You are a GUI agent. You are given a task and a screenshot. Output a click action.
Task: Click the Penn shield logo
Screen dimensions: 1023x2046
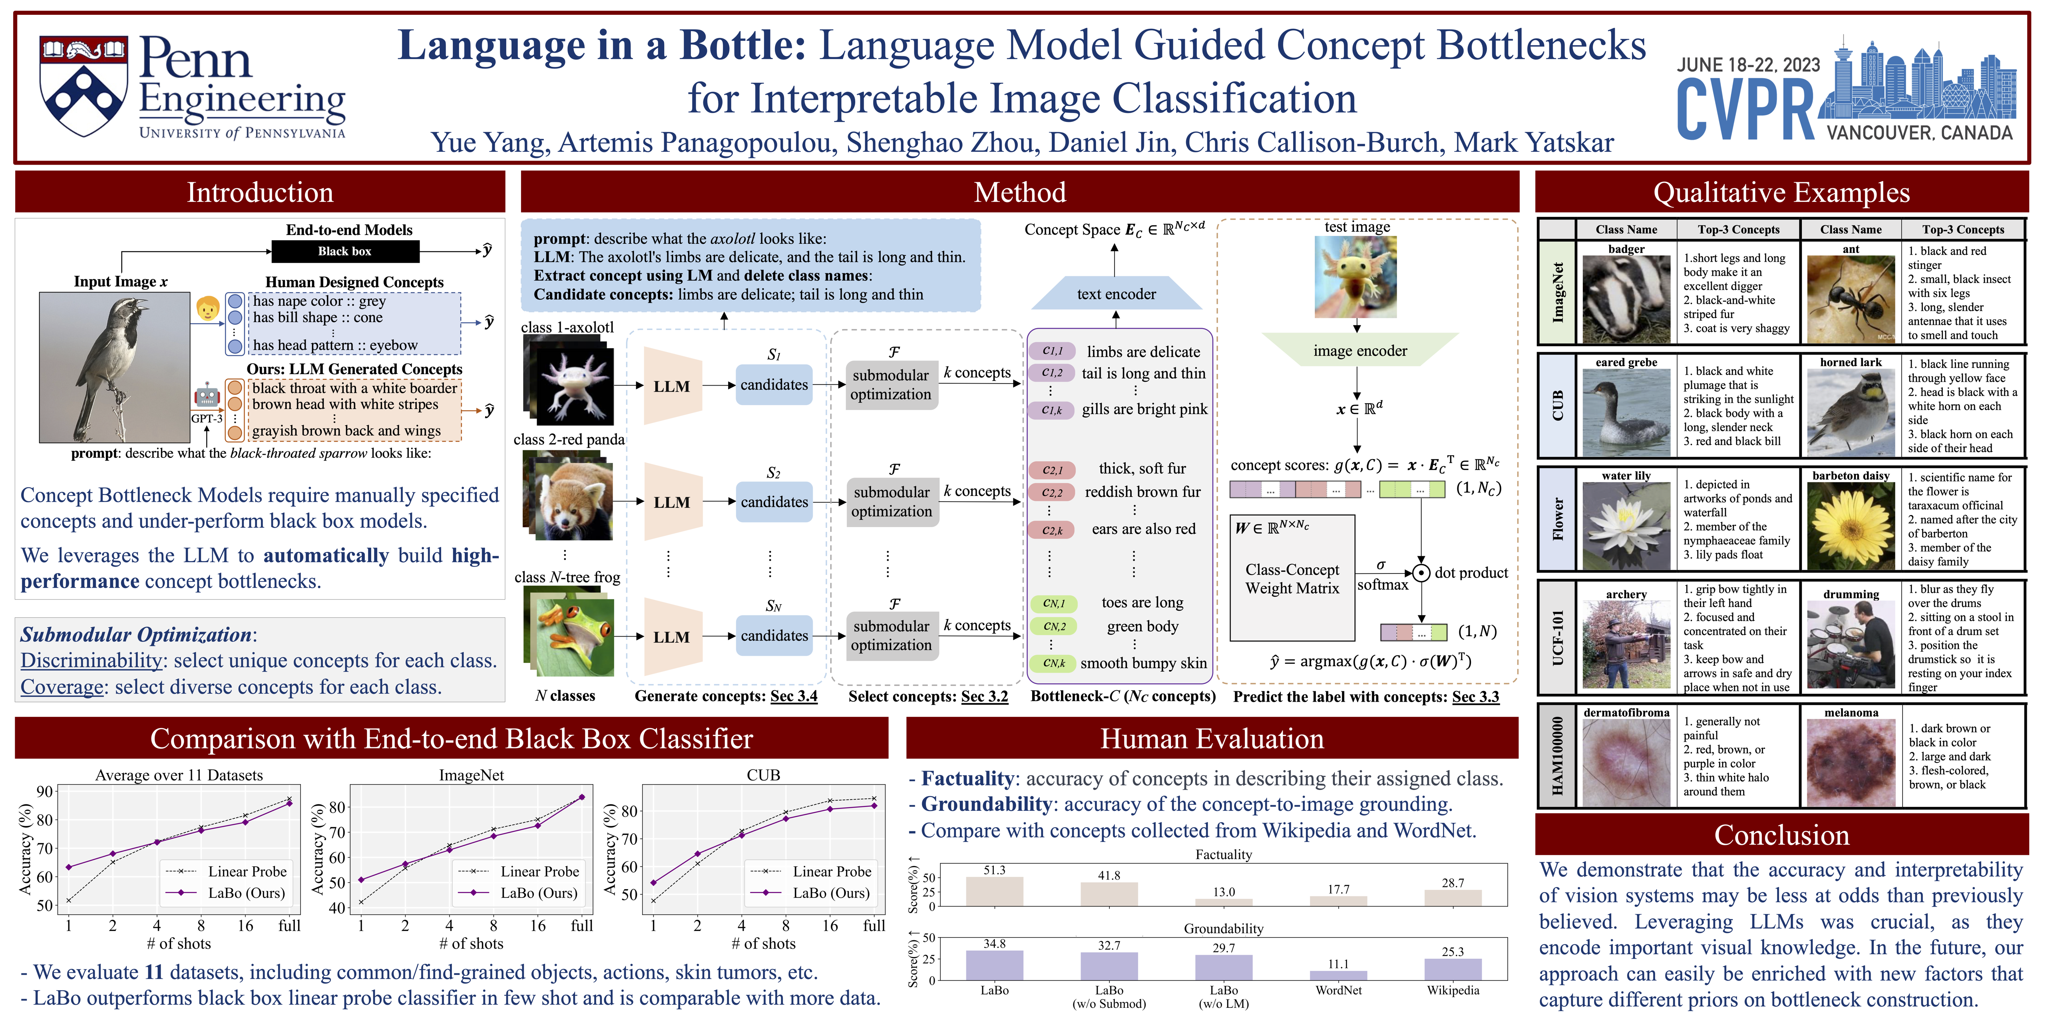tap(84, 86)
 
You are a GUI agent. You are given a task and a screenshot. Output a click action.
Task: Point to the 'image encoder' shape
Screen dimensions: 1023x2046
tap(1360, 350)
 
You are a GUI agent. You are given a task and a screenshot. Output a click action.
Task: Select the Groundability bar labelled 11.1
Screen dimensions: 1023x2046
tap(1338, 975)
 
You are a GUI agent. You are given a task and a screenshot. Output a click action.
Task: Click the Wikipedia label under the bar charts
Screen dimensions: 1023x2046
tap(1453, 991)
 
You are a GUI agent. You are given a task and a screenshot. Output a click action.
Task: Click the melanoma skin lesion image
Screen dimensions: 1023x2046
tap(1851, 762)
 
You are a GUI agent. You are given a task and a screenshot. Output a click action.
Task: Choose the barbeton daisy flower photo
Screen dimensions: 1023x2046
tap(1851, 524)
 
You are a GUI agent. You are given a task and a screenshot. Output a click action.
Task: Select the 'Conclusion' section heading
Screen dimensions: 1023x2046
tap(1781, 835)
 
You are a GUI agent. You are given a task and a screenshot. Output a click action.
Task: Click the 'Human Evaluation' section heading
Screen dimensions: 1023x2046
tap(1212, 738)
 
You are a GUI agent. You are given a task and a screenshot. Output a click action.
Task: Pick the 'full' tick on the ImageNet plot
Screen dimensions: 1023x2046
tap(581, 925)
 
